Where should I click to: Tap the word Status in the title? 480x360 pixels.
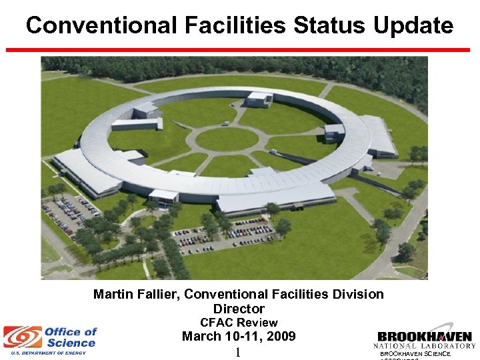click(326, 26)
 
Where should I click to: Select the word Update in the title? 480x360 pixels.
click(413, 26)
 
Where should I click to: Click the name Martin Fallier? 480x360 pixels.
click(136, 294)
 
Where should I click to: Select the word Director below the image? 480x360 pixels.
click(239, 309)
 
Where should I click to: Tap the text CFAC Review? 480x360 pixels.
click(239, 323)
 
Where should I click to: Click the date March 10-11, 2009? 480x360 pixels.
click(239, 337)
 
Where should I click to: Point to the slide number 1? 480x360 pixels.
click(237, 352)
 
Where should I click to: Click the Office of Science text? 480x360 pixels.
click(70, 337)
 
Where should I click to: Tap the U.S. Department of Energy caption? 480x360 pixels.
click(44, 353)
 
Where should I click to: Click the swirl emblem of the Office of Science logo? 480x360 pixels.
click(22, 337)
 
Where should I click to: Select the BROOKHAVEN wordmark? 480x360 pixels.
click(425, 337)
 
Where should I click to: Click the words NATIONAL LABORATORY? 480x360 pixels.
click(425, 346)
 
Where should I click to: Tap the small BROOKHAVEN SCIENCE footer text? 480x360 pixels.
click(415, 354)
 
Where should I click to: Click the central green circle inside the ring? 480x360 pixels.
click(227, 139)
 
